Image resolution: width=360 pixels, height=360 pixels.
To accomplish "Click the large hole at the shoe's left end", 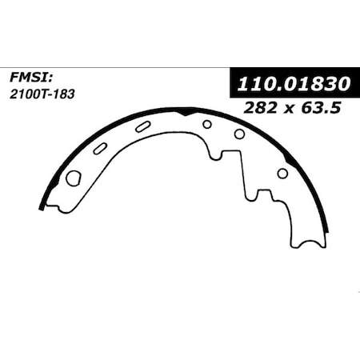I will coord(73,178).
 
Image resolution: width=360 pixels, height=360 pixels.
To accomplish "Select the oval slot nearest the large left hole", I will coord(101,148).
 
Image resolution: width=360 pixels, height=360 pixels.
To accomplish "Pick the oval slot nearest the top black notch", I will coord(143,126).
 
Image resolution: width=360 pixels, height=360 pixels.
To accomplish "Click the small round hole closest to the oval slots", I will coord(207,124).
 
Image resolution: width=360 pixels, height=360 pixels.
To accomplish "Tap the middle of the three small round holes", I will coord(239,134).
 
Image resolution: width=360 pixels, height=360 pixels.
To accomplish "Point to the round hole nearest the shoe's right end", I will coord(282,173).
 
